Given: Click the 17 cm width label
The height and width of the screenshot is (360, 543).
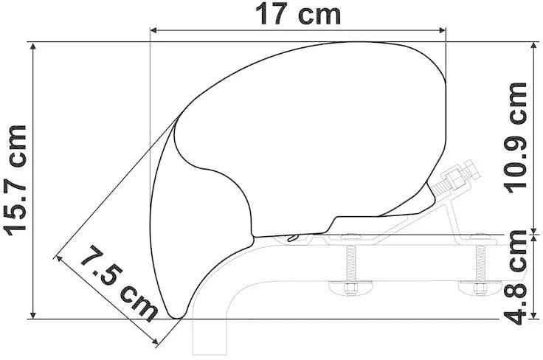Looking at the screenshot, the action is tap(298, 15).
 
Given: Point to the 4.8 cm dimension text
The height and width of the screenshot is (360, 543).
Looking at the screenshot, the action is tap(516, 277).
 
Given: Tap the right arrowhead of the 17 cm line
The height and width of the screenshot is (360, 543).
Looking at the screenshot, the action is tap(442, 31).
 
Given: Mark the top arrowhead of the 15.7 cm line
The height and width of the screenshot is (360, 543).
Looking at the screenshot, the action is tap(33, 46).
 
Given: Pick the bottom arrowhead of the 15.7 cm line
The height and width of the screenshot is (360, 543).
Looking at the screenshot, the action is tap(33, 314).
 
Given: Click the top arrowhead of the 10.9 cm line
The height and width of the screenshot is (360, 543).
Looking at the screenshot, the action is tap(533, 46).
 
